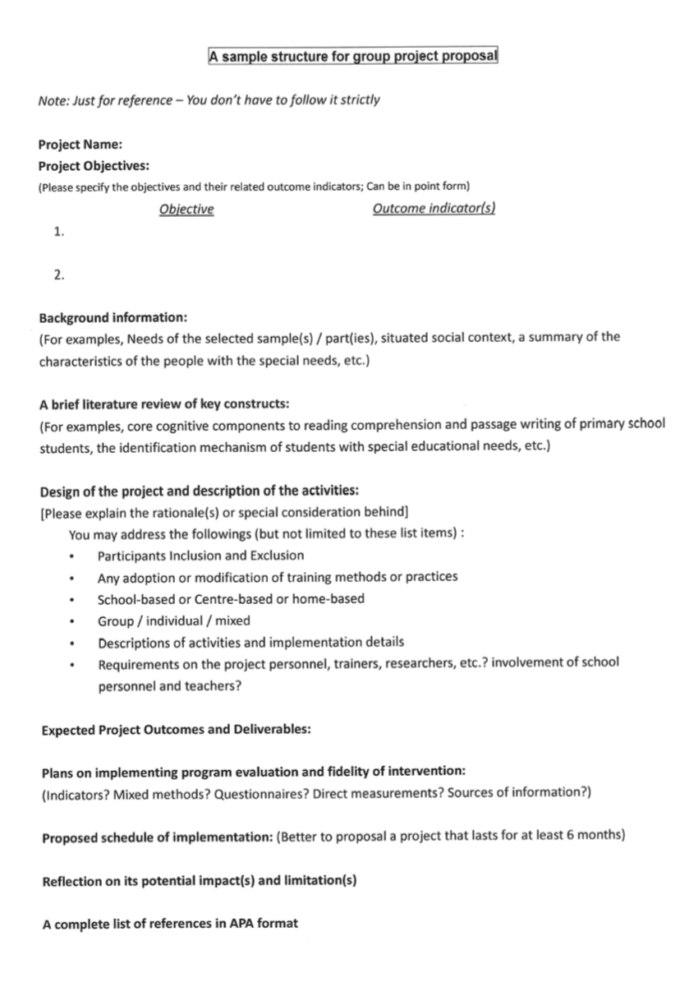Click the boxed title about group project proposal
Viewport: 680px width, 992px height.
pyautogui.click(x=353, y=57)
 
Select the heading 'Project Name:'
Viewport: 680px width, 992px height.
pyautogui.click(x=80, y=145)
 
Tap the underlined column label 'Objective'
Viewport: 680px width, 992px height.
pyautogui.click(x=186, y=210)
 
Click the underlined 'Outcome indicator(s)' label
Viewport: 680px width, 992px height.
pyautogui.click(x=434, y=209)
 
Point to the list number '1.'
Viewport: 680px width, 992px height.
pyautogui.click(x=58, y=232)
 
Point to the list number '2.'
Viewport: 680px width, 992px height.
pyautogui.click(x=58, y=275)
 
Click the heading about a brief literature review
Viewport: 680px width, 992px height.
pyautogui.click(x=163, y=404)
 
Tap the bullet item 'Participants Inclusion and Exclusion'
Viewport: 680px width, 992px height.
pyautogui.click(x=200, y=556)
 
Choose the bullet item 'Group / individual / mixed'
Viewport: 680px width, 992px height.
pyautogui.click(x=174, y=621)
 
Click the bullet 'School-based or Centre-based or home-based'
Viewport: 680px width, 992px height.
pyautogui.click(x=231, y=599)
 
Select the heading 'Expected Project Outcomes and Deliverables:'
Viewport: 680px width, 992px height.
pyautogui.click(x=176, y=729)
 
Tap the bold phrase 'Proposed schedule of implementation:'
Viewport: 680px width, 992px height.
pyautogui.click(x=158, y=837)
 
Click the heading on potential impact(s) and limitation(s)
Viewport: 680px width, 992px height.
pyautogui.click(x=199, y=880)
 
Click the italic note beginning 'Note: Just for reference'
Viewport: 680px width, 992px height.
pyautogui.click(x=209, y=100)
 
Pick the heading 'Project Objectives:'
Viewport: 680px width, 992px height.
pyautogui.click(x=94, y=166)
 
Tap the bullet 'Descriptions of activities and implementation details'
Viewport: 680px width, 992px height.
pyautogui.click(x=250, y=642)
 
